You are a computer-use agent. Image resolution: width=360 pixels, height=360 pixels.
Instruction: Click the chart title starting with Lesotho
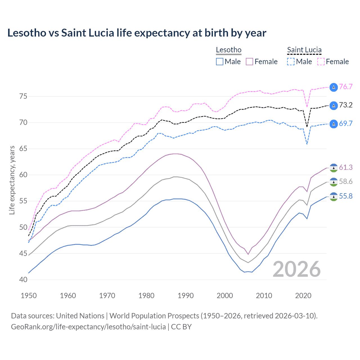point(137,33)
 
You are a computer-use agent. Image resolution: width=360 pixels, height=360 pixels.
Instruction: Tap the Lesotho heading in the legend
point(229,50)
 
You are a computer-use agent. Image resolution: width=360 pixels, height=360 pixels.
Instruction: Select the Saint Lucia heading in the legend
point(304,50)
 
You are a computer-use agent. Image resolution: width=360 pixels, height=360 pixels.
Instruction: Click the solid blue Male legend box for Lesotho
point(220,62)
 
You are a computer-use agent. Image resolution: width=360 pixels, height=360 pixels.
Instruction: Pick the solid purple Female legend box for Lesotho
point(249,62)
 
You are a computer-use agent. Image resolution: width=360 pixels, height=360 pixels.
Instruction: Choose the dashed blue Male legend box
point(291,62)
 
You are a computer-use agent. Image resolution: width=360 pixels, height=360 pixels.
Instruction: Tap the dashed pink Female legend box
point(321,62)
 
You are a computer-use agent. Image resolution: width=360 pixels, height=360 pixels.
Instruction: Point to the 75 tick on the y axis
point(23,96)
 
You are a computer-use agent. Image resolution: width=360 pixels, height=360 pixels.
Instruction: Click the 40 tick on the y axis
point(23,280)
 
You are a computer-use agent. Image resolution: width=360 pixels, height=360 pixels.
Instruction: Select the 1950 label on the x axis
point(29,296)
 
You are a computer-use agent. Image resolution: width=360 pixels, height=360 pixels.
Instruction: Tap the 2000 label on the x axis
point(225,296)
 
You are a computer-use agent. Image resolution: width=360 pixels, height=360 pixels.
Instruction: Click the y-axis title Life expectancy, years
point(12,180)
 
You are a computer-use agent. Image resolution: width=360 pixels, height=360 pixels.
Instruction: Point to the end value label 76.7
point(346,87)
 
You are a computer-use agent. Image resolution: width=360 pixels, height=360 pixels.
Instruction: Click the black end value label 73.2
point(346,105)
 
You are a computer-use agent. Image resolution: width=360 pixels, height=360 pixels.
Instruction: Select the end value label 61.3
point(346,168)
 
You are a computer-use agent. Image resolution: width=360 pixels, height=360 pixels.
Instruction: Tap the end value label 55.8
point(346,196)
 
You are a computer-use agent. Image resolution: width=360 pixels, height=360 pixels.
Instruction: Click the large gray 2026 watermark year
point(297,269)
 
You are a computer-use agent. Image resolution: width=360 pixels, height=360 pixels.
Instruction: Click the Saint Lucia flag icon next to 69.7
point(334,124)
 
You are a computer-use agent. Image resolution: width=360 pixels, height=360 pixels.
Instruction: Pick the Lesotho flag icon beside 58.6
point(334,182)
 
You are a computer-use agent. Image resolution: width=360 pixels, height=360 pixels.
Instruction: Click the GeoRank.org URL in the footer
point(88,327)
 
